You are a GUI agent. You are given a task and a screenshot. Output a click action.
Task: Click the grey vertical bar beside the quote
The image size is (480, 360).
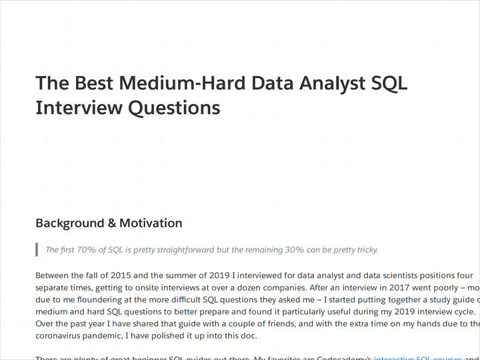pyautogui.click(x=37, y=250)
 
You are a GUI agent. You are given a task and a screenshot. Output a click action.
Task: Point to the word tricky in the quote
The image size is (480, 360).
pyautogui.click(x=364, y=250)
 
